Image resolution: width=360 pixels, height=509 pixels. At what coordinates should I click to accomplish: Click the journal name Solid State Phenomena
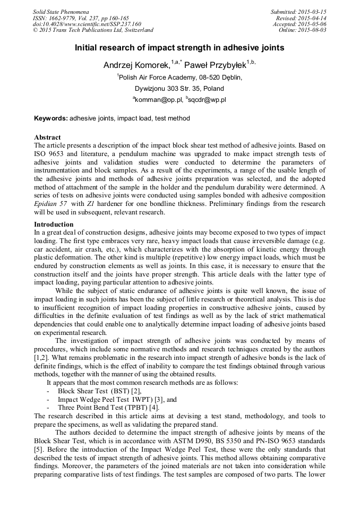point(61,11)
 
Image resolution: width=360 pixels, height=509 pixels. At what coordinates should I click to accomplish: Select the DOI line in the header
point(87,24)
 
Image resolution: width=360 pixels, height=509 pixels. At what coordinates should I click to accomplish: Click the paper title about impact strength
point(179,48)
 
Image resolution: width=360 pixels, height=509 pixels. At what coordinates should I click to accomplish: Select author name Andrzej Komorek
point(137,65)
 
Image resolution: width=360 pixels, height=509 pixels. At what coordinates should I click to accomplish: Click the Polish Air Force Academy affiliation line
point(179,77)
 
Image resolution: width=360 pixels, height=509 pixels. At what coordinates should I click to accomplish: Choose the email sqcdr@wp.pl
point(207,99)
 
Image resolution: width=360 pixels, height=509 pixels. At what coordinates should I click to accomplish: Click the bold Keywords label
point(51,118)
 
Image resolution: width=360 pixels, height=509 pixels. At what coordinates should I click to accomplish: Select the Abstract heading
point(47,137)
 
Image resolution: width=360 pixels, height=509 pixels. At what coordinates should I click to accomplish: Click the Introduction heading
point(54,225)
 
